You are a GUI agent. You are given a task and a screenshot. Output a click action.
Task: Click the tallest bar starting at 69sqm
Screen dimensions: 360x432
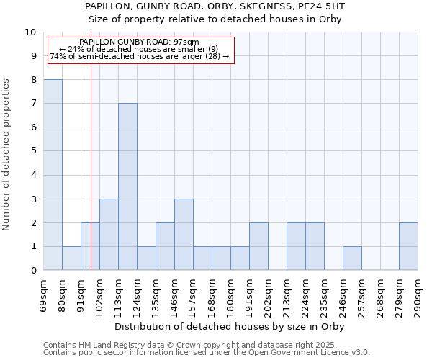click(53, 175)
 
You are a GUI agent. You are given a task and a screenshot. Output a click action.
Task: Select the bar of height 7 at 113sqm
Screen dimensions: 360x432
click(127, 186)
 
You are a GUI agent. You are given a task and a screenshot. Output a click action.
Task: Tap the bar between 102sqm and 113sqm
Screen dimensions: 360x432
click(109, 235)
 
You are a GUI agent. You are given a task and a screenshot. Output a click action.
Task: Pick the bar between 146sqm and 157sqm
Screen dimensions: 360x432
click(184, 235)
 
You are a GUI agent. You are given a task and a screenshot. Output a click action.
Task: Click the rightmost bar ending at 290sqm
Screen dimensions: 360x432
click(408, 246)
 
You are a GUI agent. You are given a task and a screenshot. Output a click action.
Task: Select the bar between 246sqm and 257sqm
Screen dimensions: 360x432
click(352, 258)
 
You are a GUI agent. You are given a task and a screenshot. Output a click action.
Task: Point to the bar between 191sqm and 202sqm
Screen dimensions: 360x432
click(258, 246)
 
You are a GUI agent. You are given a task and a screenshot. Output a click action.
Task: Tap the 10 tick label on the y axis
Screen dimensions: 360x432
click(30, 32)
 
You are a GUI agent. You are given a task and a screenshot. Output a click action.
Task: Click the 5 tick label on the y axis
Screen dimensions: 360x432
click(33, 151)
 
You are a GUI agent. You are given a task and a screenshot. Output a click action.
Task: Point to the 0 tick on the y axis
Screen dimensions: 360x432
click(33, 271)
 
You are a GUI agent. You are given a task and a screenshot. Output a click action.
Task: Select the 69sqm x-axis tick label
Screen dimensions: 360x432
click(44, 294)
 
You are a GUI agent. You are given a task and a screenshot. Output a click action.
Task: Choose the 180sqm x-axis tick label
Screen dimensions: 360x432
click(231, 294)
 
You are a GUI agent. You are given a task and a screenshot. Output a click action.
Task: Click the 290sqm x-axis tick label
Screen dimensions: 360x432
click(418, 294)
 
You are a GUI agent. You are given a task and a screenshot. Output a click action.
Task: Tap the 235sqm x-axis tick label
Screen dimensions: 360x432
click(325, 294)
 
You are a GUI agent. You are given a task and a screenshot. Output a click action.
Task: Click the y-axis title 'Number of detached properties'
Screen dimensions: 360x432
click(7, 155)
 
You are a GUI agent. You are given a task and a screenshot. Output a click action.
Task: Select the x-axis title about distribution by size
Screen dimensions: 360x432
click(230, 326)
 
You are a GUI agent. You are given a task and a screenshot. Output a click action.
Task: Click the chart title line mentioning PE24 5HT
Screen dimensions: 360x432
click(230, 6)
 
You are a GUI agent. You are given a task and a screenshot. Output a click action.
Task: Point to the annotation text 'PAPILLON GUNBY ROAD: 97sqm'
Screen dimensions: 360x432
click(139, 42)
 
